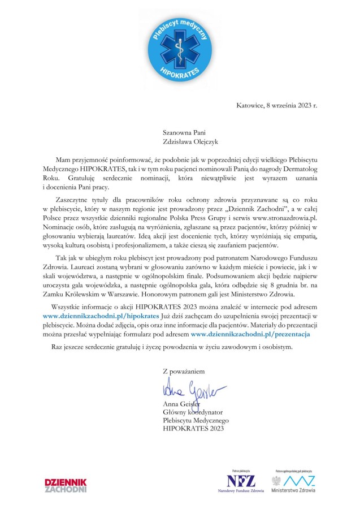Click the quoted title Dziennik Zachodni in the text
point(263,210)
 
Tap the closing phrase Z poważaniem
point(184,371)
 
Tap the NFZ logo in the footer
point(241,482)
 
